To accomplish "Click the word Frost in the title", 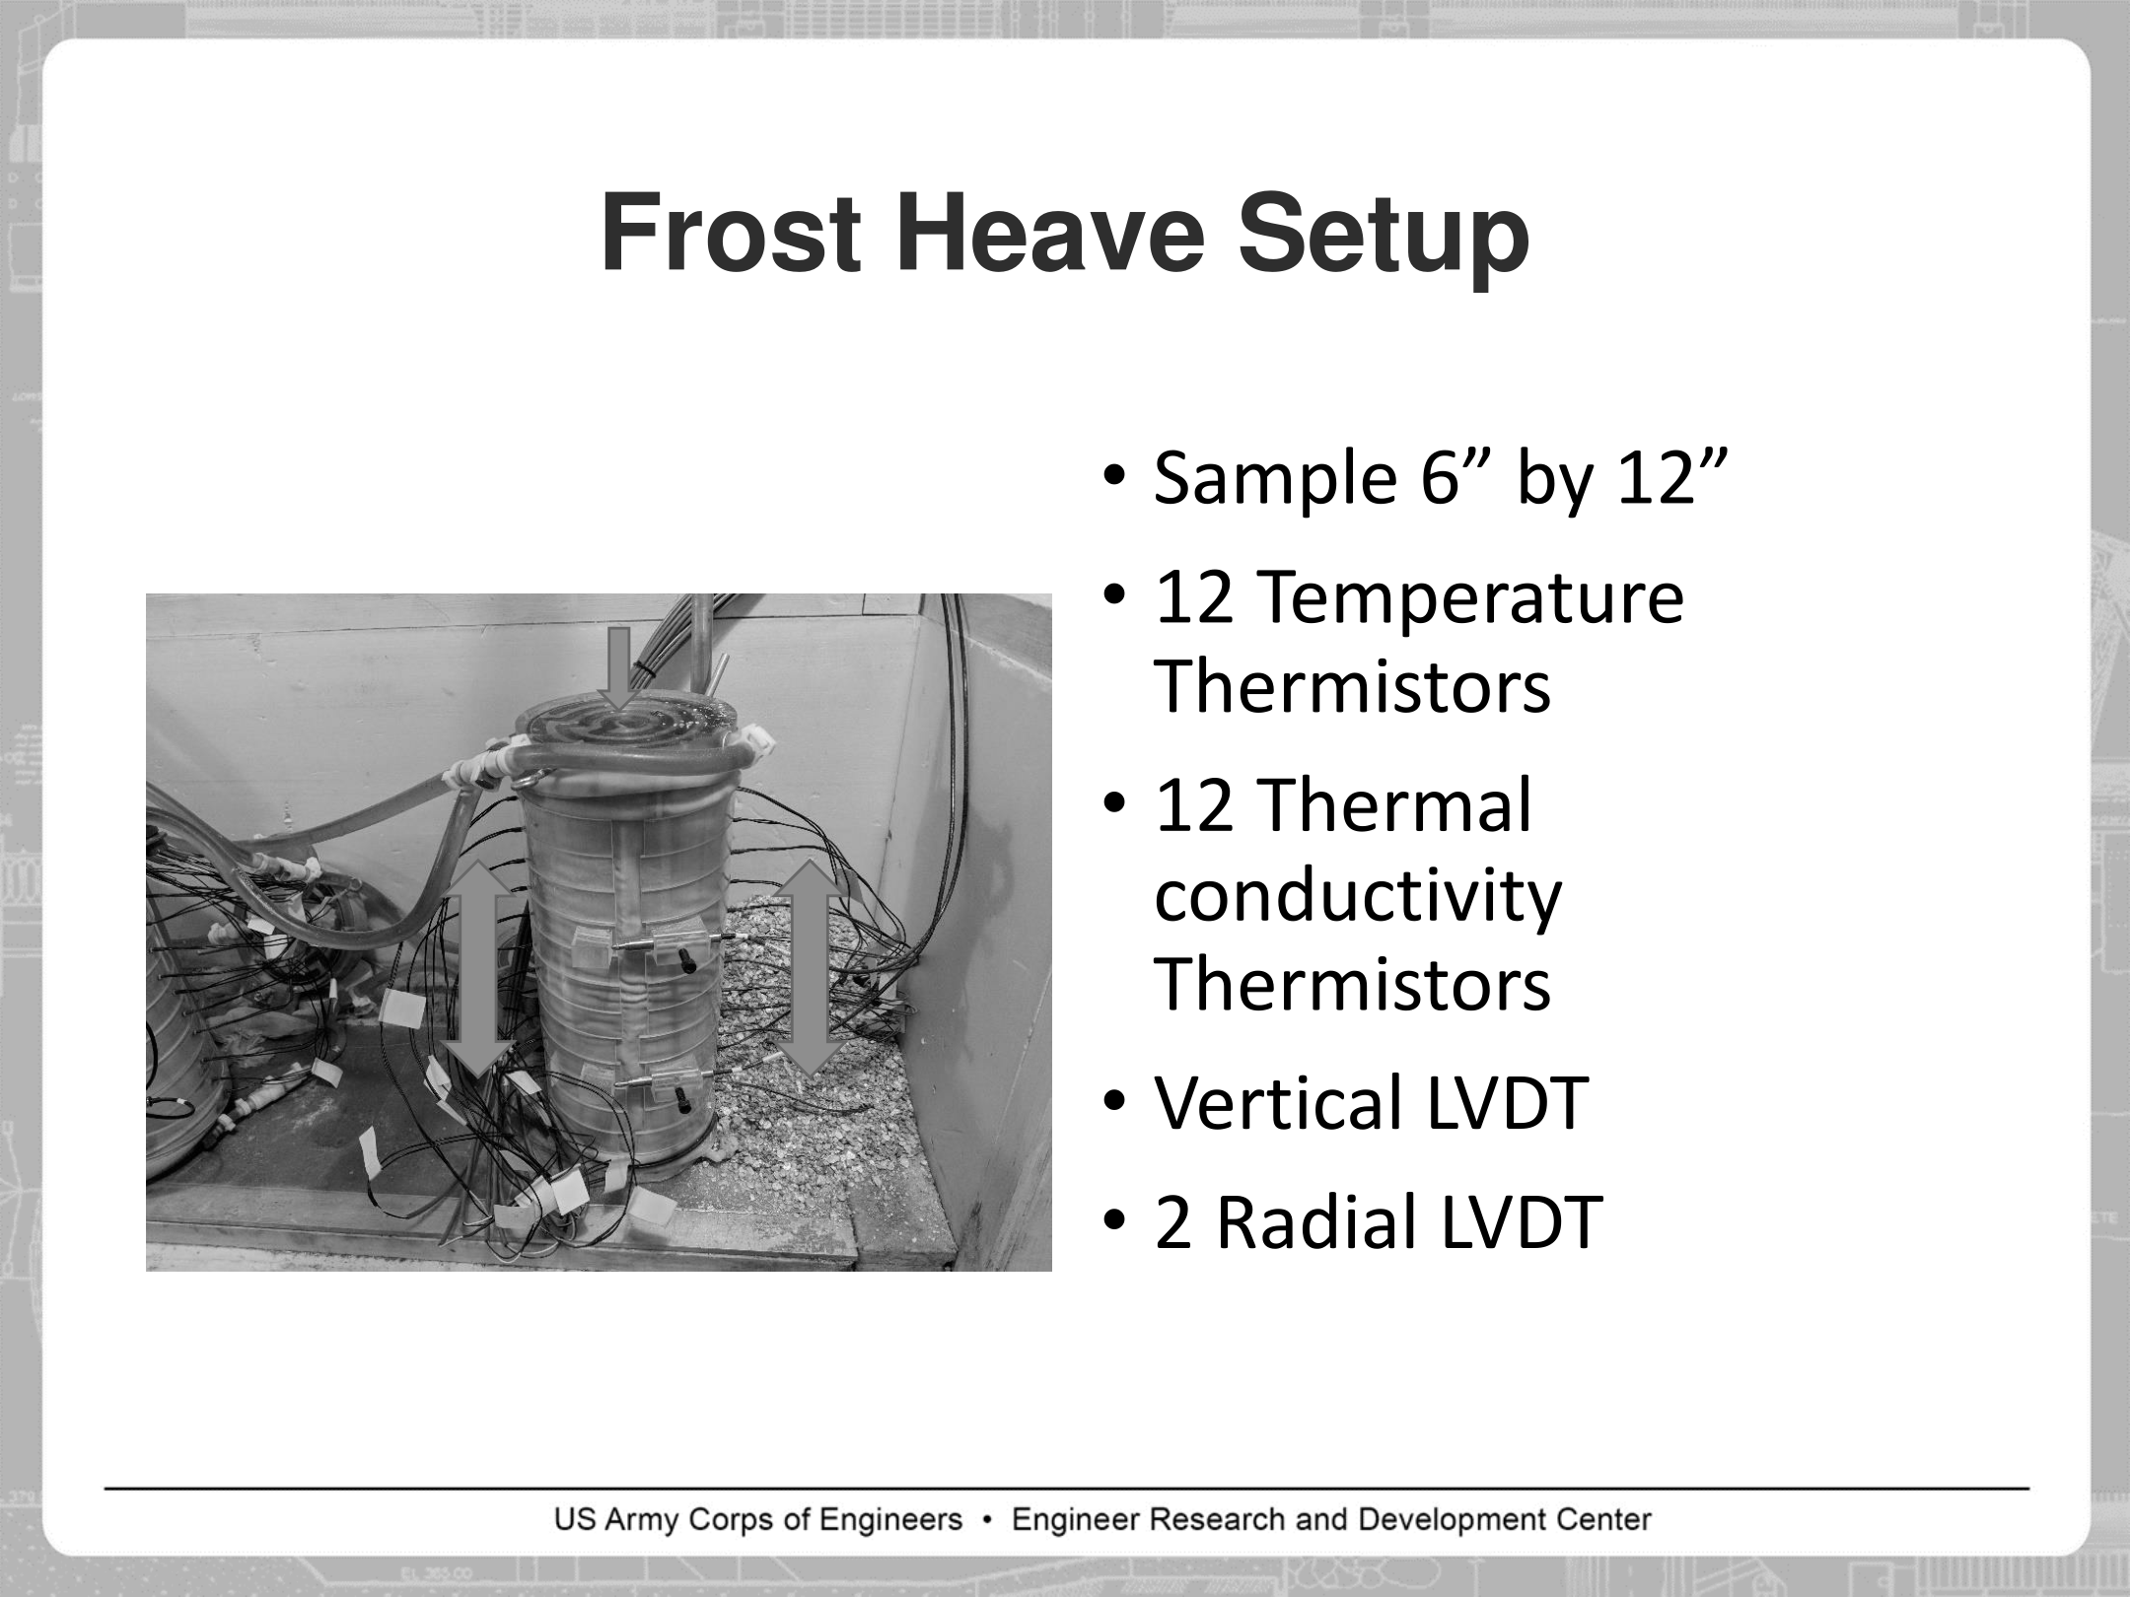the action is [x=731, y=234].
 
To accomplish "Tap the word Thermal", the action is [x=1395, y=805].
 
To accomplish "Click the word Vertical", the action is [x=1279, y=1103].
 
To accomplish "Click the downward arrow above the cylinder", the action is [x=619, y=667].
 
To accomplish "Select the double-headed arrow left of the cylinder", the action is [x=477, y=967].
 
